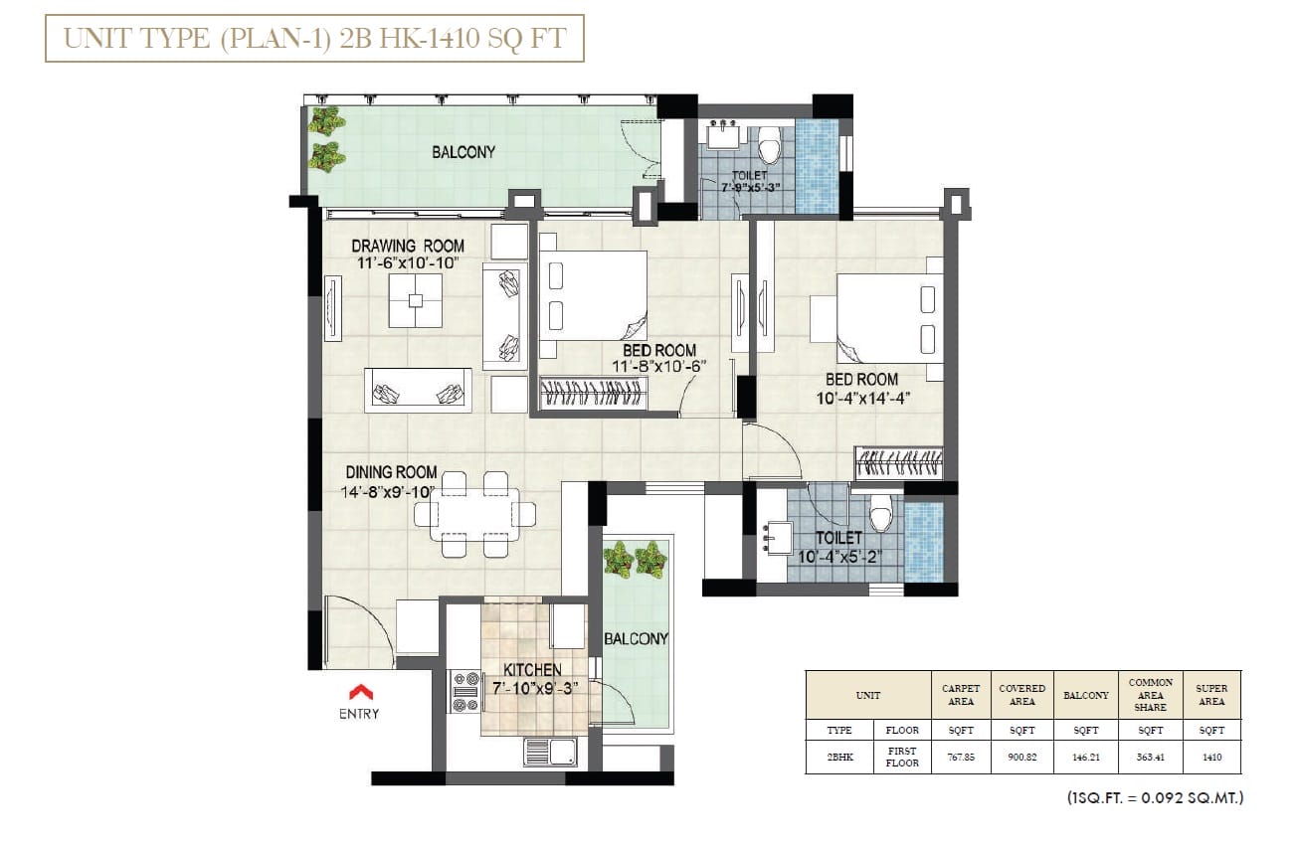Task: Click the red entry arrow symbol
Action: [x=360, y=692]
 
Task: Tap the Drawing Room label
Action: [x=408, y=246]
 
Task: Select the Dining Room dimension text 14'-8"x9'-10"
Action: [x=388, y=492]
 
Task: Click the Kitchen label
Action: [x=532, y=670]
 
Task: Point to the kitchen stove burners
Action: [x=465, y=691]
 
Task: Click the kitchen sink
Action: [x=550, y=752]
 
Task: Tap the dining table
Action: [x=475, y=515]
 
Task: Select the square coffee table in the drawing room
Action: [x=416, y=300]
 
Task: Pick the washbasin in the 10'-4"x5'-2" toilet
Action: [x=778, y=538]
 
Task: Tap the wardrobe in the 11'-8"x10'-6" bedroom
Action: [x=593, y=394]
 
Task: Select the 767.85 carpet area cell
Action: [x=961, y=757]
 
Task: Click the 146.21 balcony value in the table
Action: [x=1085, y=757]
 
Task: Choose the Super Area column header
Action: [x=1211, y=695]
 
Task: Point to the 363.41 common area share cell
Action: [x=1150, y=757]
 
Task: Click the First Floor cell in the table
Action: [x=902, y=757]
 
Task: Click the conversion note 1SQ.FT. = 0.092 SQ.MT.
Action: [x=1156, y=798]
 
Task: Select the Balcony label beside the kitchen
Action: [x=636, y=639]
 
